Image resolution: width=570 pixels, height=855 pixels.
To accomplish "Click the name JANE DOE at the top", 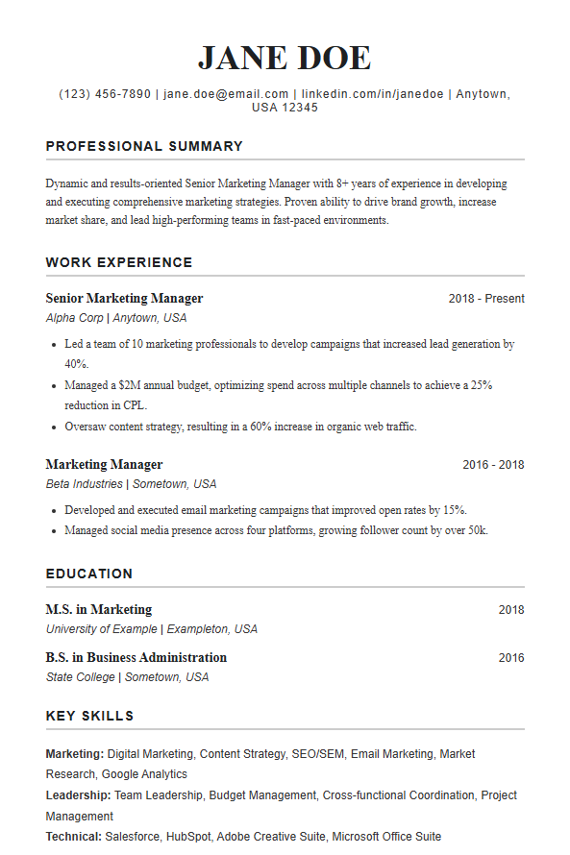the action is pyautogui.click(x=285, y=58).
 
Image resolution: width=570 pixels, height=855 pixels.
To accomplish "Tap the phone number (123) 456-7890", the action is pyautogui.click(x=105, y=94).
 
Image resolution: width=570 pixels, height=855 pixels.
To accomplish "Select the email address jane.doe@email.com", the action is pyautogui.click(x=226, y=94).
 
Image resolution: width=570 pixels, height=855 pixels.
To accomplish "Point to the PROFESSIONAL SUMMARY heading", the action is pyautogui.click(x=144, y=147).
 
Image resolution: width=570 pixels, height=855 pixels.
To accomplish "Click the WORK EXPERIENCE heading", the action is pyautogui.click(x=119, y=262).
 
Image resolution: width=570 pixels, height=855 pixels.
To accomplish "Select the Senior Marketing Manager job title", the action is pyautogui.click(x=124, y=299).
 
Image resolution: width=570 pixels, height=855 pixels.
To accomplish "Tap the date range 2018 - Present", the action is pyautogui.click(x=486, y=299).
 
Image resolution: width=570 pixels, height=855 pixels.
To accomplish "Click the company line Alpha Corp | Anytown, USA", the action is pyautogui.click(x=116, y=318).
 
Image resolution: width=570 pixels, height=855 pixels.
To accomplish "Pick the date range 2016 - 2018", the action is pyautogui.click(x=493, y=465).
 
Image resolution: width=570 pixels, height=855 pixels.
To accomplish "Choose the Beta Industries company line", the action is pyautogui.click(x=131, y=484).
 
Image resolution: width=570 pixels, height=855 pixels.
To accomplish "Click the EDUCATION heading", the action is pyautogui.click(x=89, y=574).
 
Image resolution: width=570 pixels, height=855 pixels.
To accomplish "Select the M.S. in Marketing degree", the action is pyautogui.click(x=99, y=610).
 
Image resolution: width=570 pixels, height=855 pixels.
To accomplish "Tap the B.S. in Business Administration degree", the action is pyautogui.click(x=136, y=658).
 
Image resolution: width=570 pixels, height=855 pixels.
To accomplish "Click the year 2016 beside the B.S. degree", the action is pyautogui.click(x=511, y=658).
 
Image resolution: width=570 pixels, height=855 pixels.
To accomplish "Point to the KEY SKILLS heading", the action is pyautogui.click(x=89, y=716).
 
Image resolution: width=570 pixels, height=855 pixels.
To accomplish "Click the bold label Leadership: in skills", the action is pyautogui.click(x=78, y=795).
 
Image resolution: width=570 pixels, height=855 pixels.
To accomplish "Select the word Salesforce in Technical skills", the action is pyautogui.click(x=134, y=837).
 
